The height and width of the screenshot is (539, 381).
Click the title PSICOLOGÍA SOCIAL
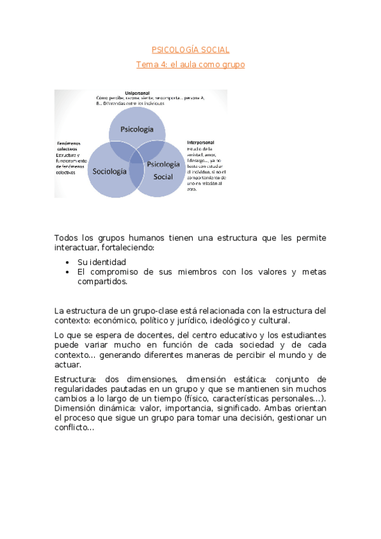[190, 50]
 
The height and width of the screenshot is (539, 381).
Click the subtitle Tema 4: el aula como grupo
[190, 64]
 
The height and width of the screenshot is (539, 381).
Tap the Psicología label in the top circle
[137, 129]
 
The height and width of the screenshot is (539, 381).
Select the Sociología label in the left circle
[109, 171]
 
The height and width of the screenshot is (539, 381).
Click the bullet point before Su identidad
[68, 262]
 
